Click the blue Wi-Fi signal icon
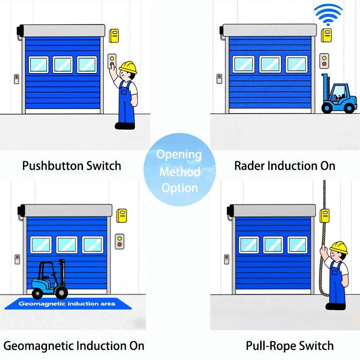pos(328,15)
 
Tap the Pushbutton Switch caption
pos(72,166)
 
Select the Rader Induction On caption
pos(285,166)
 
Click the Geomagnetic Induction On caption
pos(73,346)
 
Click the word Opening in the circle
pos(179,155)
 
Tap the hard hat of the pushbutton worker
pos(129,66)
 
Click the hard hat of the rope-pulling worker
pos(339,247)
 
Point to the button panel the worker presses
pos(112,61)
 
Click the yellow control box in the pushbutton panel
pos(114,36)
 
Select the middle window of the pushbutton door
pos(63,64)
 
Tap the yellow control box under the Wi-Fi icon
pos(326,35)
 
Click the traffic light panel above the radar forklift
pos(324,60)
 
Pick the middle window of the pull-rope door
pos(273,244)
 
